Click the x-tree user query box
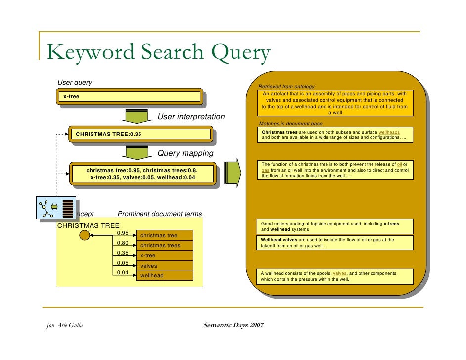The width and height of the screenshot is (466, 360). coord(131,96)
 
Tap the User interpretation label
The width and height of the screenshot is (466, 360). coord(190,117)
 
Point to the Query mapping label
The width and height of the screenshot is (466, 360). coord(185,153)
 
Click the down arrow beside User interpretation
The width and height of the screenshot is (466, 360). coord(134,116)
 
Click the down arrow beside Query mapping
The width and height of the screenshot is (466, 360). coord(134,152)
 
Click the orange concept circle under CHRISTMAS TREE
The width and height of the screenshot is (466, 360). coord(85,235)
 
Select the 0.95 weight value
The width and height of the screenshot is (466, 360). coord(122,233)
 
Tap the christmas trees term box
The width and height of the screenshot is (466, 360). coord(164,246)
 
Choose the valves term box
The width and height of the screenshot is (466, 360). coord(164,266)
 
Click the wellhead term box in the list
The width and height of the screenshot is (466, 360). coord(164,275)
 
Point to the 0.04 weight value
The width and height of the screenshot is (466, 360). coord(122,272)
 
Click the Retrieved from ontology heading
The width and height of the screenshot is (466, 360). coord(286,87)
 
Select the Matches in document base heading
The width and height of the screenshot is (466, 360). coord(290,123)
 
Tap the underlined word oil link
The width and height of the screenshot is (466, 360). coord(400,164)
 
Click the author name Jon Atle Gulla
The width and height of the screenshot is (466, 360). coord(61,325)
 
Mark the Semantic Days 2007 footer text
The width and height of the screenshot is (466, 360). coord(233,325)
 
